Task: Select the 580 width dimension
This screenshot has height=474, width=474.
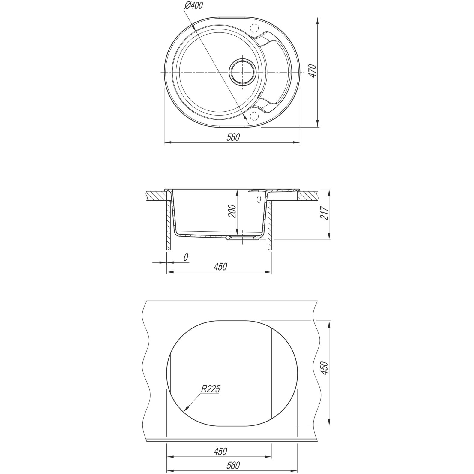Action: tap(233, 137)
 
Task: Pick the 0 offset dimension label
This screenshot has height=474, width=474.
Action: tap(186, 257)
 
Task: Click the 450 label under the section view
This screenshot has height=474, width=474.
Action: tap(220, 266)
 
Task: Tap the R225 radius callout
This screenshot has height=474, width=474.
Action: tap(210, 389)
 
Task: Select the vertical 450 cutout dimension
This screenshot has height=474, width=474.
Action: tap(325, 368)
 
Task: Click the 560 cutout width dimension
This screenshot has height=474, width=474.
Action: tap(233, 465)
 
